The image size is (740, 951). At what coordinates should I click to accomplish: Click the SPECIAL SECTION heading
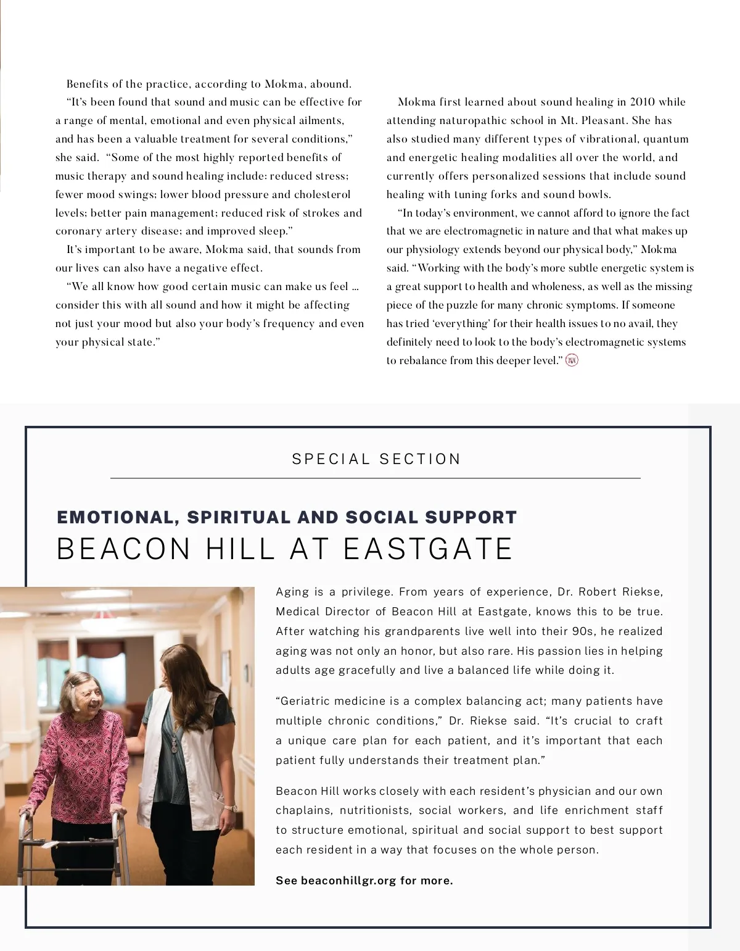point(376,459)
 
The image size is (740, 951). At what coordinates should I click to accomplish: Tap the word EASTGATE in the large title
point(428,549)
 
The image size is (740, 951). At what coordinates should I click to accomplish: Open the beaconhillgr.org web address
point(348,881)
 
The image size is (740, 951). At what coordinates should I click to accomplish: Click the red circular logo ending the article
point(572,360)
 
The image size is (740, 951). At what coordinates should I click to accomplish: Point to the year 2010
point(643,102)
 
